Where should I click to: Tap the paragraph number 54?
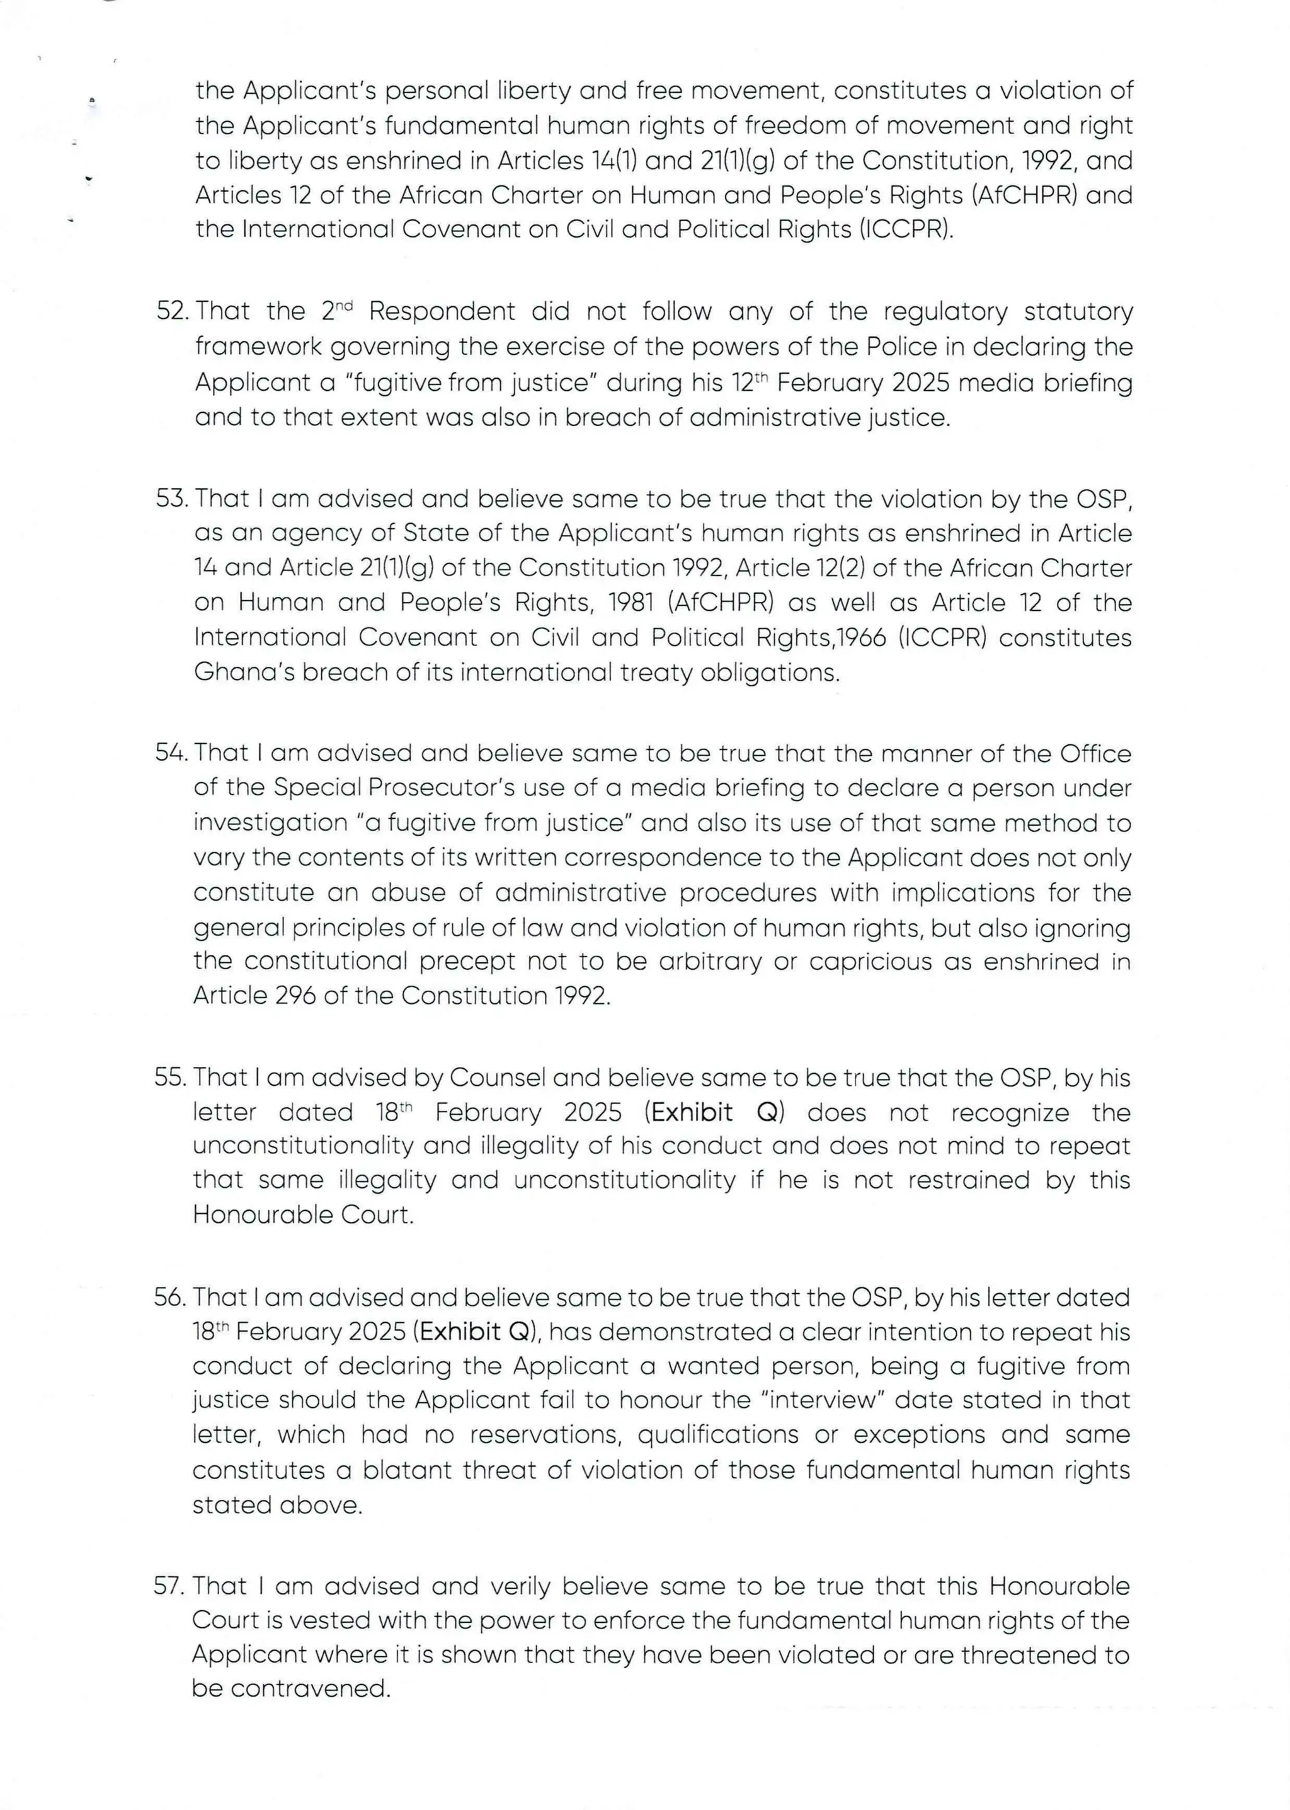[170, 753]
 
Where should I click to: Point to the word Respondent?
[442, 311]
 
